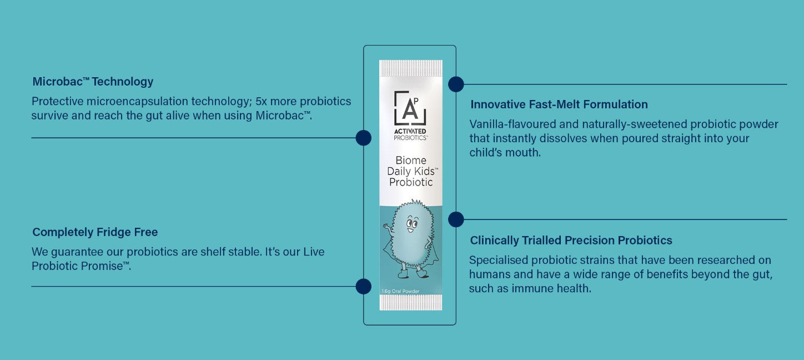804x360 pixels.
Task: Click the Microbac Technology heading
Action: pyautogui.click(x=93, y=82)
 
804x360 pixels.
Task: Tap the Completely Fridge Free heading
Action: pyautogui.click(x=95, y=232)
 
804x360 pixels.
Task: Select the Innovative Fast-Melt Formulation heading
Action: pyautogui.click(x=559, y=104)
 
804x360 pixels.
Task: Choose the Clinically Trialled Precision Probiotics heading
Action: pyautogui.click(x=571, y=241)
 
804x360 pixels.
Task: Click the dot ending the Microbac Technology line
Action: pyautogui.click(x=363, y=138)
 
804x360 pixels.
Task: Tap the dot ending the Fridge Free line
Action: pyautogui.click(x=363, y=286)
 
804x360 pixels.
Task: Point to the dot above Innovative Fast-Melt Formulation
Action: pyautogui.click(x=456, y=84)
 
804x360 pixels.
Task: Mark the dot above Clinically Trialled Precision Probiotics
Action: pyautogui.click(x=456, y=219)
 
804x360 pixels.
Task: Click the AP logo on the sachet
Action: pyautogui.click(x=410, y=108)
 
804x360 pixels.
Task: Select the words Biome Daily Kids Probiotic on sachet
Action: pyautogui.click(x=410, y=171)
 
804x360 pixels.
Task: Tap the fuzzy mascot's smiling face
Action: pyautogui.click(x=410, y=224)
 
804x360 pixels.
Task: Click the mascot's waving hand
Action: pyautogui.click(x=386, y=227)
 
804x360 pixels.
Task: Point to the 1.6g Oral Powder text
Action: pyautogui.click(x=400, y=291)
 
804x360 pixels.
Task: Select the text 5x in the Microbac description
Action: pyautogui.click(x=262, y=102)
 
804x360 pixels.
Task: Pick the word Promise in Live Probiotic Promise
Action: pyautogui.click(x=106, y=266)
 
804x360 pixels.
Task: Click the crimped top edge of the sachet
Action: pyautogui.click(x=410, y=68)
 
